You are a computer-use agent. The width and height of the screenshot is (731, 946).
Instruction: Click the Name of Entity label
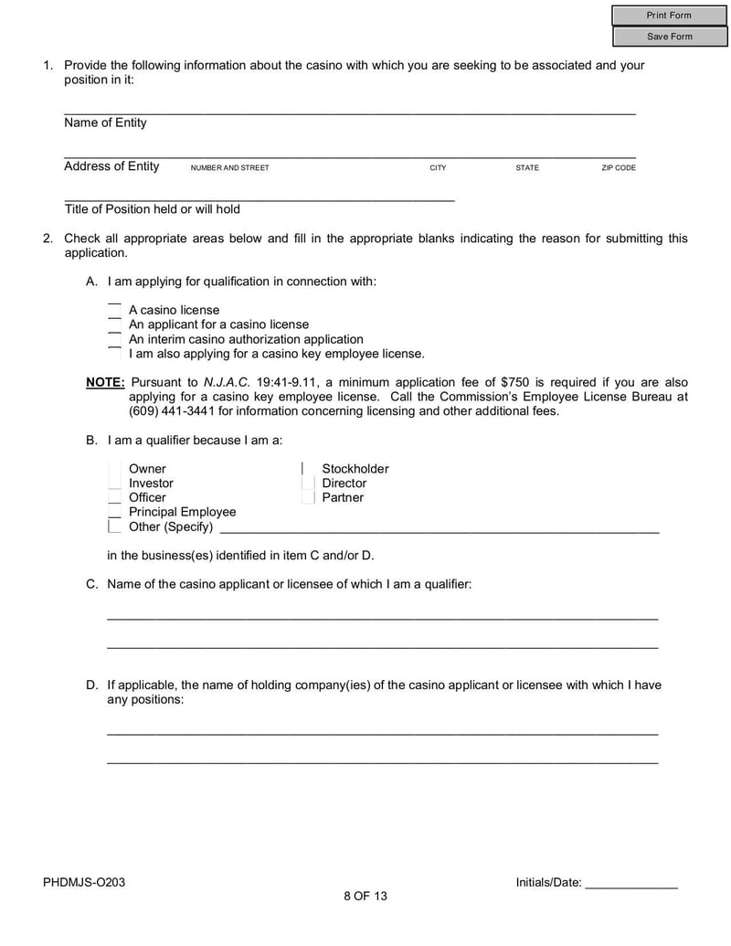point(105,122)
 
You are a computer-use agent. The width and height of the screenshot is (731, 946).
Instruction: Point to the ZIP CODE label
point(618,168)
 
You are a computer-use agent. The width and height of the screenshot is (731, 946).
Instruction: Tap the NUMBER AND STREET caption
point(229,168)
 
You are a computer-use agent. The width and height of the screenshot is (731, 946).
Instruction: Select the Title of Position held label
point(152,209)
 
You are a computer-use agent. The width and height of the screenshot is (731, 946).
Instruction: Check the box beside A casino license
point(114,310)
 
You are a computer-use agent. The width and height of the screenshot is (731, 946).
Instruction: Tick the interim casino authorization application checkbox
point(114,339)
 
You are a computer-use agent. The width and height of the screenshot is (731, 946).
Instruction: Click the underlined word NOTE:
point(105,382)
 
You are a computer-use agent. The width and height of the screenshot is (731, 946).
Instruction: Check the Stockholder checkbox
point(308,469)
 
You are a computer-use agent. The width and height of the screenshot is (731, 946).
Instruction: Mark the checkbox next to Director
point(308,484)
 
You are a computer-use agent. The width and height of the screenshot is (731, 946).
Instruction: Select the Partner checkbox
point(308,498)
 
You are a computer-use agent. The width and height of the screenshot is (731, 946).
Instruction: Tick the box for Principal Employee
point(114,512)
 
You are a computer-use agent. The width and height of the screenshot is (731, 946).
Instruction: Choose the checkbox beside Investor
point(114,484)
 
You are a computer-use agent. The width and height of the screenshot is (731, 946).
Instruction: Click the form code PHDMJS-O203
point(84,882)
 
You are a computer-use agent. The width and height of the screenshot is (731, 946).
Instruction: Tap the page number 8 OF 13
point(365,896)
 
